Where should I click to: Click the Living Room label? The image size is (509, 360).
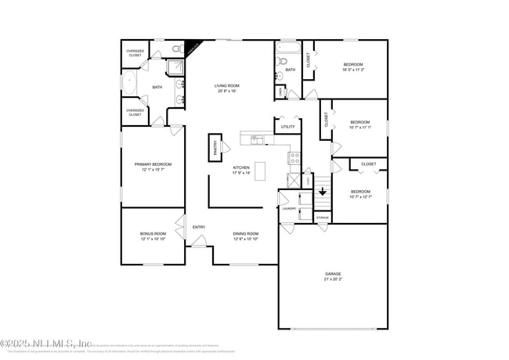point(228,85)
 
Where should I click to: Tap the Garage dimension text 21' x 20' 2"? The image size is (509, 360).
point(333,279)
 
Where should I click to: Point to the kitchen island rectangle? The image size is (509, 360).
point(260,169)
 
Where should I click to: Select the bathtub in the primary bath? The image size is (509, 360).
point(128,87)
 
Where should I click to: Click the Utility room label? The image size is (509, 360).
point(287,126)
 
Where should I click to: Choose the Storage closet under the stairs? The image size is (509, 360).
point(323,217)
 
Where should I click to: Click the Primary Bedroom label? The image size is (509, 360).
point(153,164)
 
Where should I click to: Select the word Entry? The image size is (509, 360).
point(199,227)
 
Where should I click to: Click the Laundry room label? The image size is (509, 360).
point(289,209)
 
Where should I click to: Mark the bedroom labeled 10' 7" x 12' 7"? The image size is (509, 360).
point(360,194)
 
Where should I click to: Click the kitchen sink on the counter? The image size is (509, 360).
point(256,139)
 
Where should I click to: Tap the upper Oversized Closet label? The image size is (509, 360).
point(135,52)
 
